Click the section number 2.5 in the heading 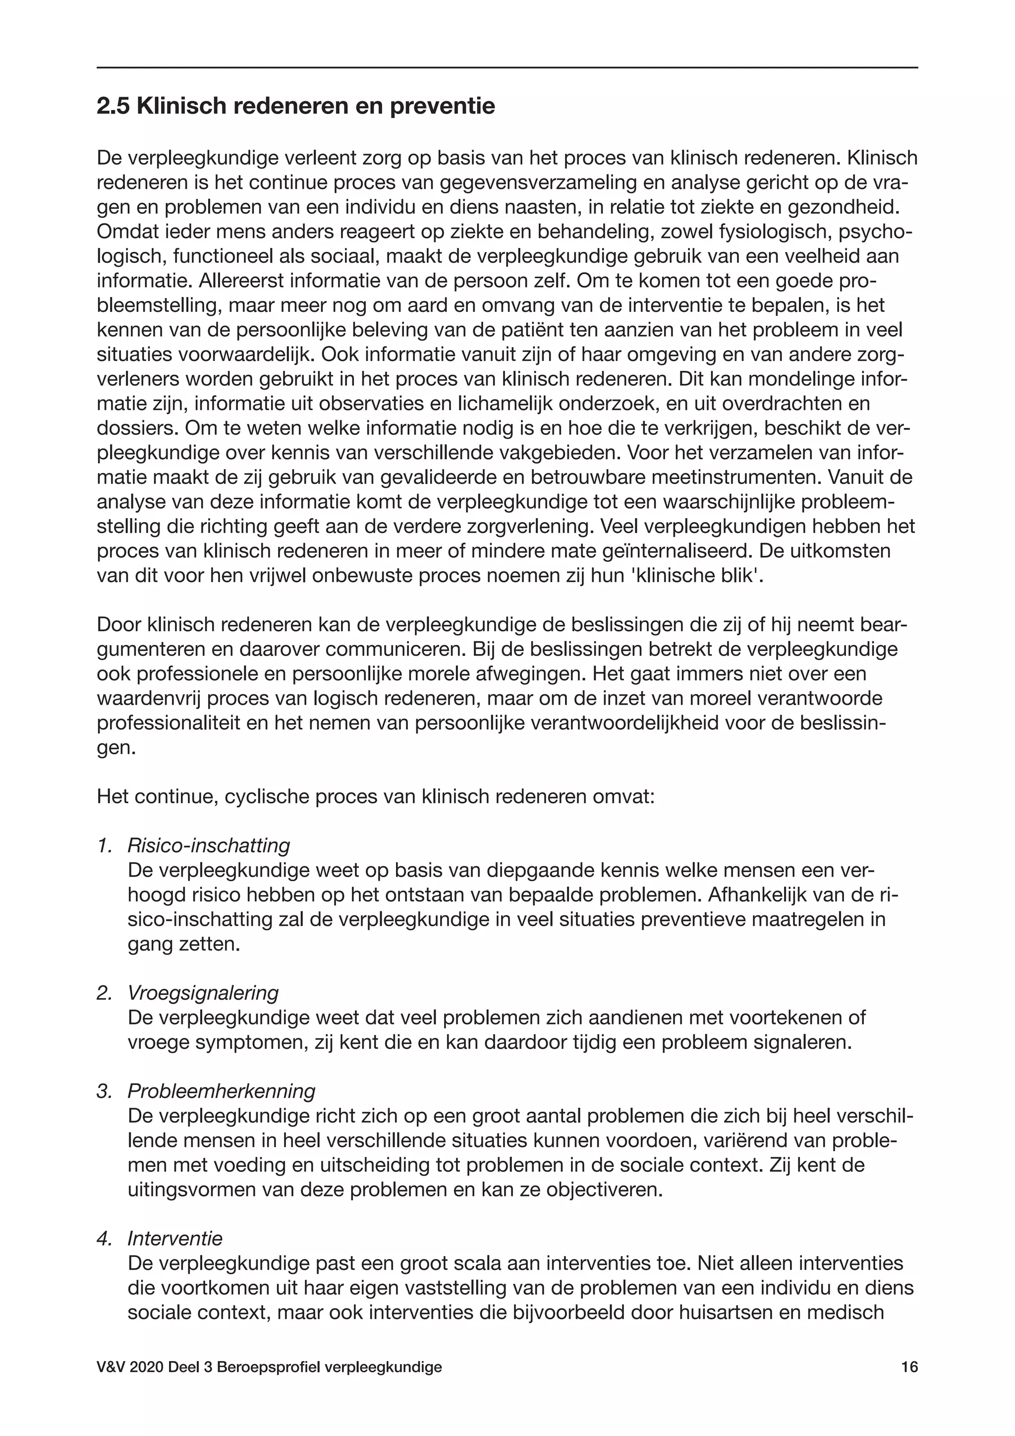[x=113, y=106]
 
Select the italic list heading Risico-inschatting [x=209, y=845]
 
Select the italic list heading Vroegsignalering [x=203, y=993]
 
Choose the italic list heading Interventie [x=175, y=1238]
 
